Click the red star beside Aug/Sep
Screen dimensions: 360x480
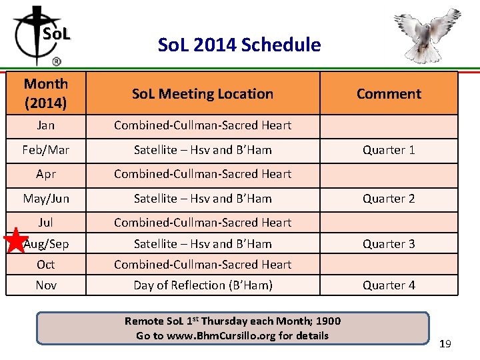point(16,241)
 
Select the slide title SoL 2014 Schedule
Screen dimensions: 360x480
point(239,45)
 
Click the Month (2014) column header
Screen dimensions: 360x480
point(45,93)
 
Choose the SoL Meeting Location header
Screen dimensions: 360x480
point(203,94)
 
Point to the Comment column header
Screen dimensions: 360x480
point(389,94)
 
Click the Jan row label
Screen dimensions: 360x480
point(45,125)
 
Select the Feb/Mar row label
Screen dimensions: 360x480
point(45,150)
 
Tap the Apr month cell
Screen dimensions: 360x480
point(45,174)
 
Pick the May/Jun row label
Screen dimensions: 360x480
point(45,199)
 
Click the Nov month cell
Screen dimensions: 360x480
point(45,285)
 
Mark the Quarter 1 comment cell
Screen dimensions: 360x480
point(389,150)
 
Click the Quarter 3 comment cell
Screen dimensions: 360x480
point(389,244)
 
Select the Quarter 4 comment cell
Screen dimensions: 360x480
point(389,285)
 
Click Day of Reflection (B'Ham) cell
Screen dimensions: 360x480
point(203,285)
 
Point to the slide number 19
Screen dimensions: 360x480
point(445,344)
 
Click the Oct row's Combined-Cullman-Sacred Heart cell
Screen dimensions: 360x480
point(203,265)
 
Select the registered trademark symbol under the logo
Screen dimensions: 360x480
point(56,61)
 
